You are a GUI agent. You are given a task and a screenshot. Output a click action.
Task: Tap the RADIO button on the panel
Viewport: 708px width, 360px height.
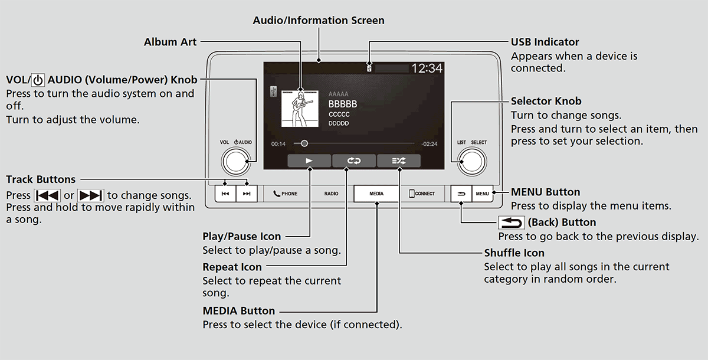[x=331, y=194]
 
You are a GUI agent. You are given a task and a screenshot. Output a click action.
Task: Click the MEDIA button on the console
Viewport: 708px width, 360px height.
[x=376, y=194]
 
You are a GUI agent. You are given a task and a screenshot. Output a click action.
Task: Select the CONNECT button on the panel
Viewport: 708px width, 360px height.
[x=422, y=194]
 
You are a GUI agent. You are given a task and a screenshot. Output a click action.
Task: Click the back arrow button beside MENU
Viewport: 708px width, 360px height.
[x=460, y=194]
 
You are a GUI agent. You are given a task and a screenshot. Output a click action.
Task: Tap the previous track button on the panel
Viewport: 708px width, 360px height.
[x=224, y=194]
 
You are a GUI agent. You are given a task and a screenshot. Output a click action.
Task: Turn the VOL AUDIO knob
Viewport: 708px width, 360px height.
[x=237, y=161]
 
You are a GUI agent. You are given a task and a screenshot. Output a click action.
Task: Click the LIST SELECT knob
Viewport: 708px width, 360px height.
[x=471, y=161]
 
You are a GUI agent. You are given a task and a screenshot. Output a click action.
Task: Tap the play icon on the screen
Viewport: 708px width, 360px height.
[x=309, y=161]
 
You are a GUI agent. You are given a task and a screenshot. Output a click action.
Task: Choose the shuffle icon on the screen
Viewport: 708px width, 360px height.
[x=399, y=161]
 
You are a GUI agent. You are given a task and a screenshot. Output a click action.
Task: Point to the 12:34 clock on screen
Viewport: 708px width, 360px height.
[x=426, y=68]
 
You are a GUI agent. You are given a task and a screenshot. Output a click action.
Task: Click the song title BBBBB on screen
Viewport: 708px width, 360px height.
[x=343, y=104]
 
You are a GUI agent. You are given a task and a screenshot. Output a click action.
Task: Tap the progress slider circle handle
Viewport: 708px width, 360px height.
[x=304, y=143]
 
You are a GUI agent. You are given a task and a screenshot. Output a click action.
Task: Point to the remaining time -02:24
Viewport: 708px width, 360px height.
[x=429, y=144]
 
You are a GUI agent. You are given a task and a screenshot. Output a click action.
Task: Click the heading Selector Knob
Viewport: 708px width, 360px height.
[x=546, y=101]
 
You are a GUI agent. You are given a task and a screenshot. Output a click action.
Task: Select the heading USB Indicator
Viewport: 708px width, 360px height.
[x=545, y=42]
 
